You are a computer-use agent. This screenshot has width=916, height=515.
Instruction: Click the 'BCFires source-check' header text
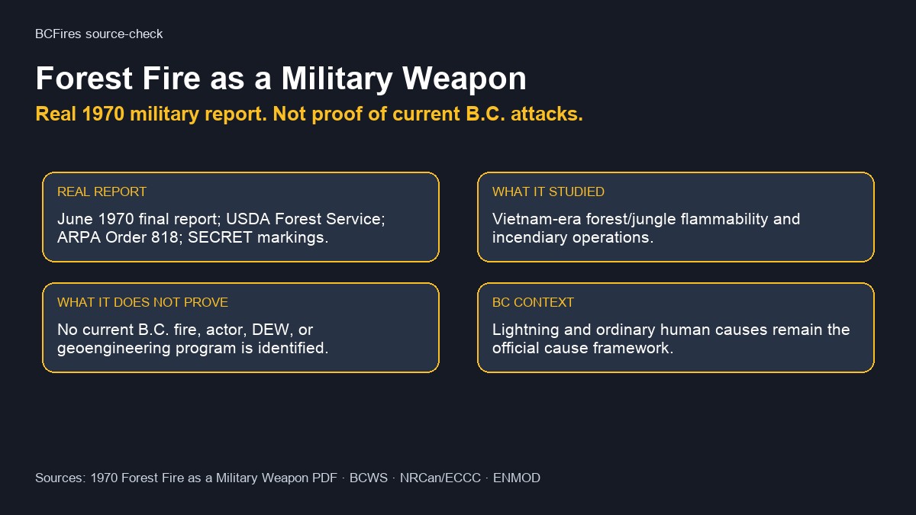pos(99,34)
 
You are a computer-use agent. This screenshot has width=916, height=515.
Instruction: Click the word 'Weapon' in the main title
pos(464,79)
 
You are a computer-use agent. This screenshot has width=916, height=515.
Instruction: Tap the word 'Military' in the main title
pos(337,79)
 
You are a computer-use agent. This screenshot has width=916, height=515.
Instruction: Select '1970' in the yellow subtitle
pos(103,114)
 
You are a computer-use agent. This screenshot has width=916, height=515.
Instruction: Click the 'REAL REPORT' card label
pos(102,192)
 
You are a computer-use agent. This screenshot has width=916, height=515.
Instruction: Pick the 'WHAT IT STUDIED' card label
pos(548,192)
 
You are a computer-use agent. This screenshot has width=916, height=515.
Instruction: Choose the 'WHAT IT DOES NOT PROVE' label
pos(143,302)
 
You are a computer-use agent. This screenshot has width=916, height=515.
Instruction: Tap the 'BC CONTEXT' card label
pos(533,302)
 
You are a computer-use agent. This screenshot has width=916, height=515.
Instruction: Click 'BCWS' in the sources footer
pos(369,478)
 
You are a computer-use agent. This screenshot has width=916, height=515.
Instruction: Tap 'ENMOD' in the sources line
pos(517,478)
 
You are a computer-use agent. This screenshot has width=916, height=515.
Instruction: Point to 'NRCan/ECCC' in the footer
pos(440,478)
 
